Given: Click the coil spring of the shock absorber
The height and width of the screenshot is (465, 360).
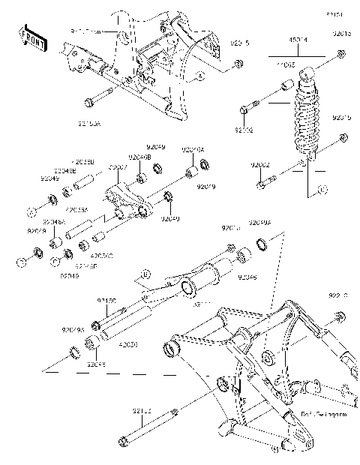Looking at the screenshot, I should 308,120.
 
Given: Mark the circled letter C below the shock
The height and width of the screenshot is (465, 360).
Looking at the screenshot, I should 320,190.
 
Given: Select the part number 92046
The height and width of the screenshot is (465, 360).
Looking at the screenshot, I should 247,277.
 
